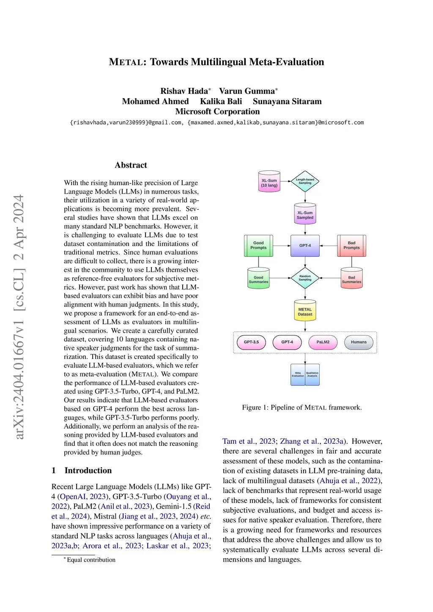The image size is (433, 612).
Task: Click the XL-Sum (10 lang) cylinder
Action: coord(269,182)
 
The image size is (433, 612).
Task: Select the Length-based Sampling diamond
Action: coord(305,181)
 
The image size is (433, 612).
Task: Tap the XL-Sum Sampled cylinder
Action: coord(305,214)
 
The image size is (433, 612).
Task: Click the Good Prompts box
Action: coord(258,246)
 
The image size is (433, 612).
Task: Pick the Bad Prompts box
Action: coord(351,246)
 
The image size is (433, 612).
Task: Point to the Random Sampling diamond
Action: coord(305,278)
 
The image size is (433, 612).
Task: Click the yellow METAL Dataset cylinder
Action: coord(305,311)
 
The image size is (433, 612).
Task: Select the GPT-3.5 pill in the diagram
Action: coord(251,342)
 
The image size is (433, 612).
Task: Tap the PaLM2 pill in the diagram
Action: coord(323,342)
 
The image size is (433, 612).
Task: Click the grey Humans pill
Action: coord(359,342)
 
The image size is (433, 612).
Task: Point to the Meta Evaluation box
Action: coord(298,374)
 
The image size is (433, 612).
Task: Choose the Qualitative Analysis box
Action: coord(312,374)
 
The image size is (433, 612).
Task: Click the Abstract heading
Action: coord(131,165)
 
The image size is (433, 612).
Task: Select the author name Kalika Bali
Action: coord(221,101)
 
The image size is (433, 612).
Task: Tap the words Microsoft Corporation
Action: coord(217,112)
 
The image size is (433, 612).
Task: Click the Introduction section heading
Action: coord(88,470)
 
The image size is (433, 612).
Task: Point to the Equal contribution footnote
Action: coord(91,560)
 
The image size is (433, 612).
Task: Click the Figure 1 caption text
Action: coord(301,407)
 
